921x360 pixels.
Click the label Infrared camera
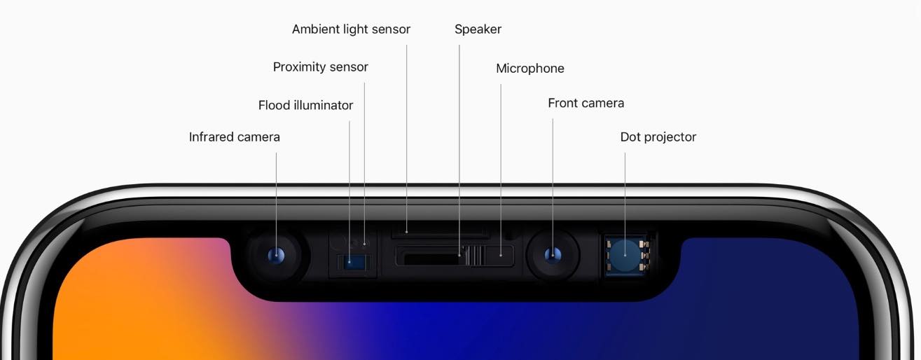(235, 137)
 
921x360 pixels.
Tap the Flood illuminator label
(305, 105)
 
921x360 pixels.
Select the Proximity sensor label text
(320, 67)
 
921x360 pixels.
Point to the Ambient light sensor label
(351, 29)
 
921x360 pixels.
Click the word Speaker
(478, 29)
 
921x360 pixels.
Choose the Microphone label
(530, 68)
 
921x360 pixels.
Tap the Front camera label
(586, 103)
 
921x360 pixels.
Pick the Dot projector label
(658, 137)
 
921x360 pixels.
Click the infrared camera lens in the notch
(276, 255)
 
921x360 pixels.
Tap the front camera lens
(553, 255)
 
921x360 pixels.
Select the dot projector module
(625, 256)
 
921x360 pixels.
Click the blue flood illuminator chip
(352, 262)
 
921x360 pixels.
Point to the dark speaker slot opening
(431, 259)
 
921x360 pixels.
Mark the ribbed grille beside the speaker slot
(473, 255)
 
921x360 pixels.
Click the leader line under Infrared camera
(276, 205)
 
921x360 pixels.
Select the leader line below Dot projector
(625, 205)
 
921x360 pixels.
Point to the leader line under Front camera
(553, 187)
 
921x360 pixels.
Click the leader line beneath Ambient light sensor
(407, 139)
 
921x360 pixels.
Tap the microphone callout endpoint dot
(500, 255)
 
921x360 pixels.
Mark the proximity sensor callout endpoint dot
(364, 244)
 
